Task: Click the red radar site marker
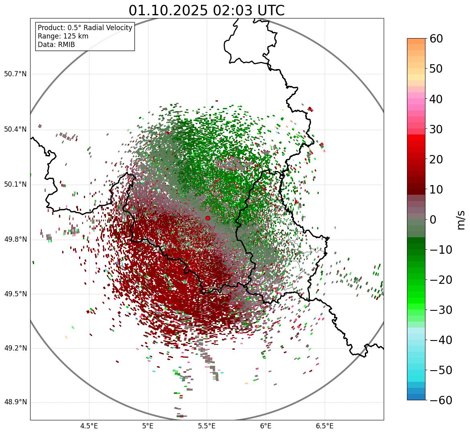[208, 218]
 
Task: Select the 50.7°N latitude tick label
[15, 74]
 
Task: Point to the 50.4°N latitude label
[15, 129]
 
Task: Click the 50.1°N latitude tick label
[15, 185]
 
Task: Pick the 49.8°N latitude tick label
[15, 240]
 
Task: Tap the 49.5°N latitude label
[15, 294]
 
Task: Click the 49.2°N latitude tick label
[15, 348]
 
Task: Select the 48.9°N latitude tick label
[15, 402]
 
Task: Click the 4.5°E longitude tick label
[89, 426]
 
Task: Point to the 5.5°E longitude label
[207, 426]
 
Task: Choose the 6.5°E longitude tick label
[324, 426]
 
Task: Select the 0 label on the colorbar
[433, 220]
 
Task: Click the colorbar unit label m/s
[461, 220]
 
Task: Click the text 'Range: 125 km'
[63, 36]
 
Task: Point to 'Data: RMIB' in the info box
[56, 45]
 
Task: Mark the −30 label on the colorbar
[441, 310]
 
